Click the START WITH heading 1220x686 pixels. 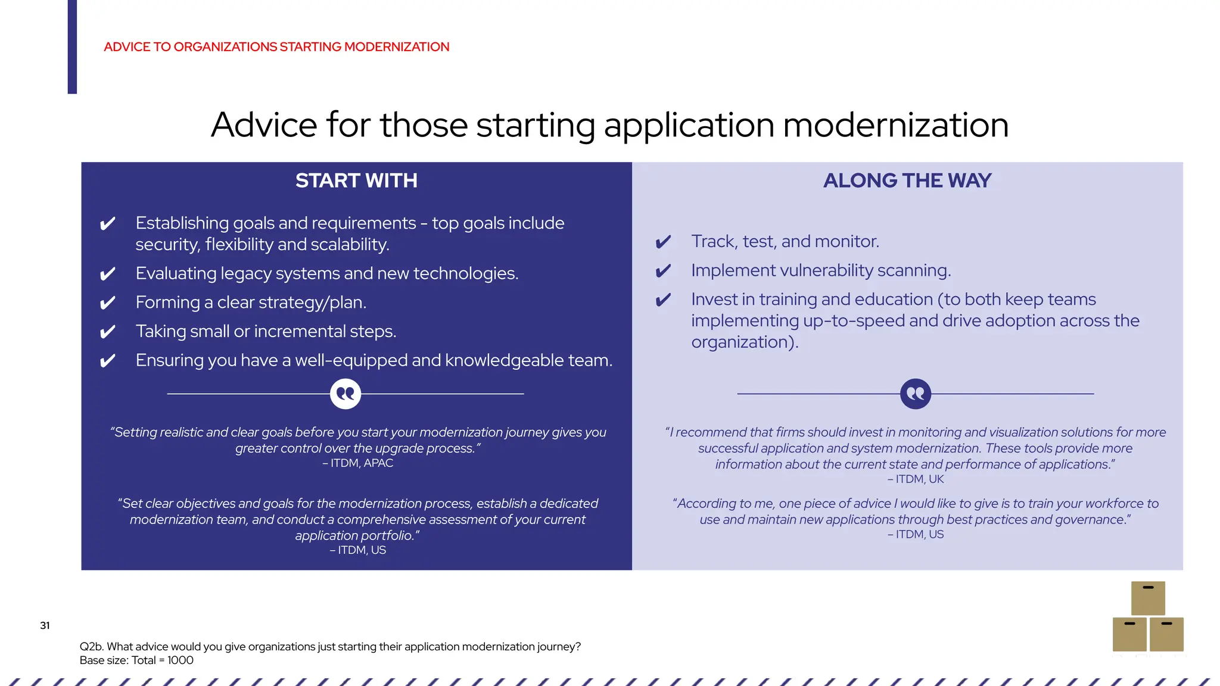click(x=356, y=180)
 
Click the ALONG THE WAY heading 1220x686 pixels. click(x=907, y=180)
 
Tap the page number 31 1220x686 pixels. click(x=45, y=625)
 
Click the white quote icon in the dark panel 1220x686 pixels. click(x=346, y=394)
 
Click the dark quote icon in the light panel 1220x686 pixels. click(x=915, y=394)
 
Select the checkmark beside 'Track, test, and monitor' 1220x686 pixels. click(x=663, y=242)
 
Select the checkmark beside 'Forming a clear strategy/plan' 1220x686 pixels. click(x=107, y=303)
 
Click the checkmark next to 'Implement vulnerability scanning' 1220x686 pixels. click(x=663, y=272)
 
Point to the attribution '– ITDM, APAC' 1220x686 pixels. click(x=357, y=463)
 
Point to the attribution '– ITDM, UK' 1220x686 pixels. click(x=916, y=479)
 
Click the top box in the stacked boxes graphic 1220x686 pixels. click(x=1148, y=598)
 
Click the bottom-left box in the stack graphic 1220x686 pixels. click(x=1129, y=634)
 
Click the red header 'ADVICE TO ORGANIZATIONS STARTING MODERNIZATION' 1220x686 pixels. click(x=276, y=47)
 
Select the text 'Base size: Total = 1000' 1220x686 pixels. click(x=136, y=660)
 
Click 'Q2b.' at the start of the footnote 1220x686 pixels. click(x=91, y=647)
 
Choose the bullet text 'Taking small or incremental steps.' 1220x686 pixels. click(x=266, y=331)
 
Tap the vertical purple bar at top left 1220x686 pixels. click(x=72, y=46)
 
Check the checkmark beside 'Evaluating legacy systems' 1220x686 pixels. click(x=107, y=275)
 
